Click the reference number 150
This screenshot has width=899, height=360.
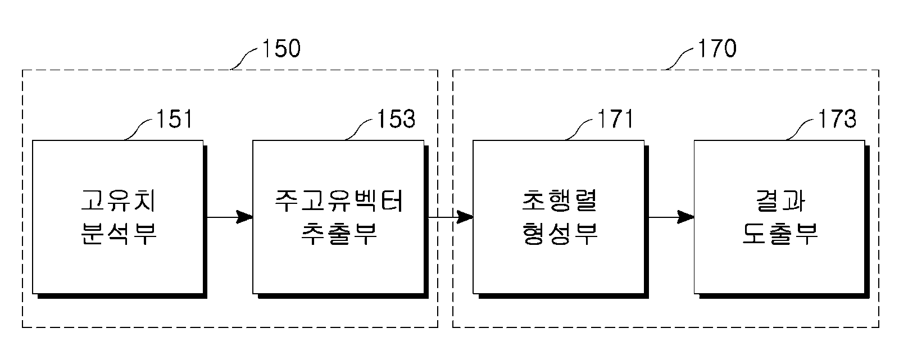point(281,48)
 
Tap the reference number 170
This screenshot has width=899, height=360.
point(717,48)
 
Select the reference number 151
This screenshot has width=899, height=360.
point(174,119)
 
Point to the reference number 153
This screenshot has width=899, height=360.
point(396,119)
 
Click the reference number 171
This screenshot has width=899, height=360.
point(615,119)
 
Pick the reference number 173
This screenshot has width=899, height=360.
point(837,119)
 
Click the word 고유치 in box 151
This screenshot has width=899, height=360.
point(118,200)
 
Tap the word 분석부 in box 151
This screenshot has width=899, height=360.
point(118,234)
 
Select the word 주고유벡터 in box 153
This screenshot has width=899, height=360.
point(339,200)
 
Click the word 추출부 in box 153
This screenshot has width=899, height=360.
point(339,234)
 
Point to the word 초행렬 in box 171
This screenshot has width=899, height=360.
point(560,200)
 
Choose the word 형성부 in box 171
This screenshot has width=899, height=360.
point(560,234)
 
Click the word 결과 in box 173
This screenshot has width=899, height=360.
point(780,200)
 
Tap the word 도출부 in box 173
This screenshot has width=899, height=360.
point(780,234)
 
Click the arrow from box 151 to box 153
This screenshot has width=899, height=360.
point(230,217)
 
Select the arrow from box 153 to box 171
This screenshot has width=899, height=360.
point(451,217)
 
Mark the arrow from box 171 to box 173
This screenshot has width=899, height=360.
point(671,217)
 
